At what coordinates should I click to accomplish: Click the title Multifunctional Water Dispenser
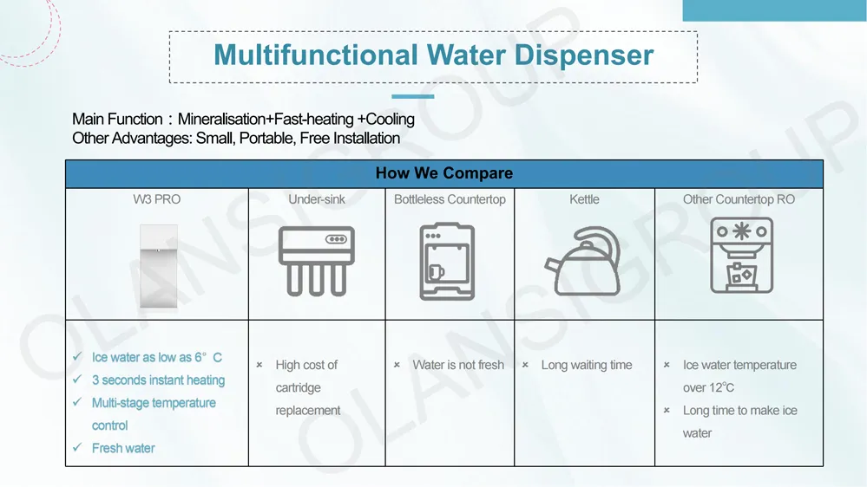click(433, 55)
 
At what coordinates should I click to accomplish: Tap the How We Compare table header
click(443, 173)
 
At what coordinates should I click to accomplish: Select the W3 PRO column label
click(157, 199)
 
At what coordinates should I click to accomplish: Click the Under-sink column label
click(317, 199)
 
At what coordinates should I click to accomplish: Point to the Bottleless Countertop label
click(450, 199)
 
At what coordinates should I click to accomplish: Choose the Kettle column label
click(584, 199)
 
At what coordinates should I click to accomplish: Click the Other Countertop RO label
click(739, 199)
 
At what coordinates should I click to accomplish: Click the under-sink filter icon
click(317, 260)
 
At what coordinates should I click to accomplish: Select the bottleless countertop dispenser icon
click(447, 262)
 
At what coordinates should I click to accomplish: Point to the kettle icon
click(582, 263)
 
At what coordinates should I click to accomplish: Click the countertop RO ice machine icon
click(741, 255)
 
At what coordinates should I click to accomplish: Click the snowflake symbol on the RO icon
click(742, 231)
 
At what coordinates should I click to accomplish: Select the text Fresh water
click(123, 448)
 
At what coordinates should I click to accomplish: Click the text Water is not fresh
click(458, 365)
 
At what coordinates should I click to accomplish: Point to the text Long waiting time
click(587, 365)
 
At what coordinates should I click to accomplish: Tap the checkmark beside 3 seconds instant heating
click(79, 380)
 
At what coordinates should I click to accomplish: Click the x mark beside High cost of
click(259, 365)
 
